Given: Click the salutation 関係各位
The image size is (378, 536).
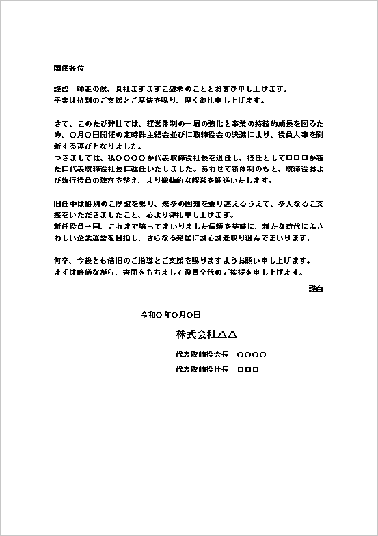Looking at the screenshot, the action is coord(68,68).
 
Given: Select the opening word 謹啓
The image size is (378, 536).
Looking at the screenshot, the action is coord(61,89).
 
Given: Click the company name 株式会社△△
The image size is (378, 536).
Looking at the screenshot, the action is coord(206,335).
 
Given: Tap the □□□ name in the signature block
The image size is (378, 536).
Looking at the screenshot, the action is coord(247,370).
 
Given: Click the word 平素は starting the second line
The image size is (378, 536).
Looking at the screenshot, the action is coord(64,100).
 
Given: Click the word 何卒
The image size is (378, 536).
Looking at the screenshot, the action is coord(60,261).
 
